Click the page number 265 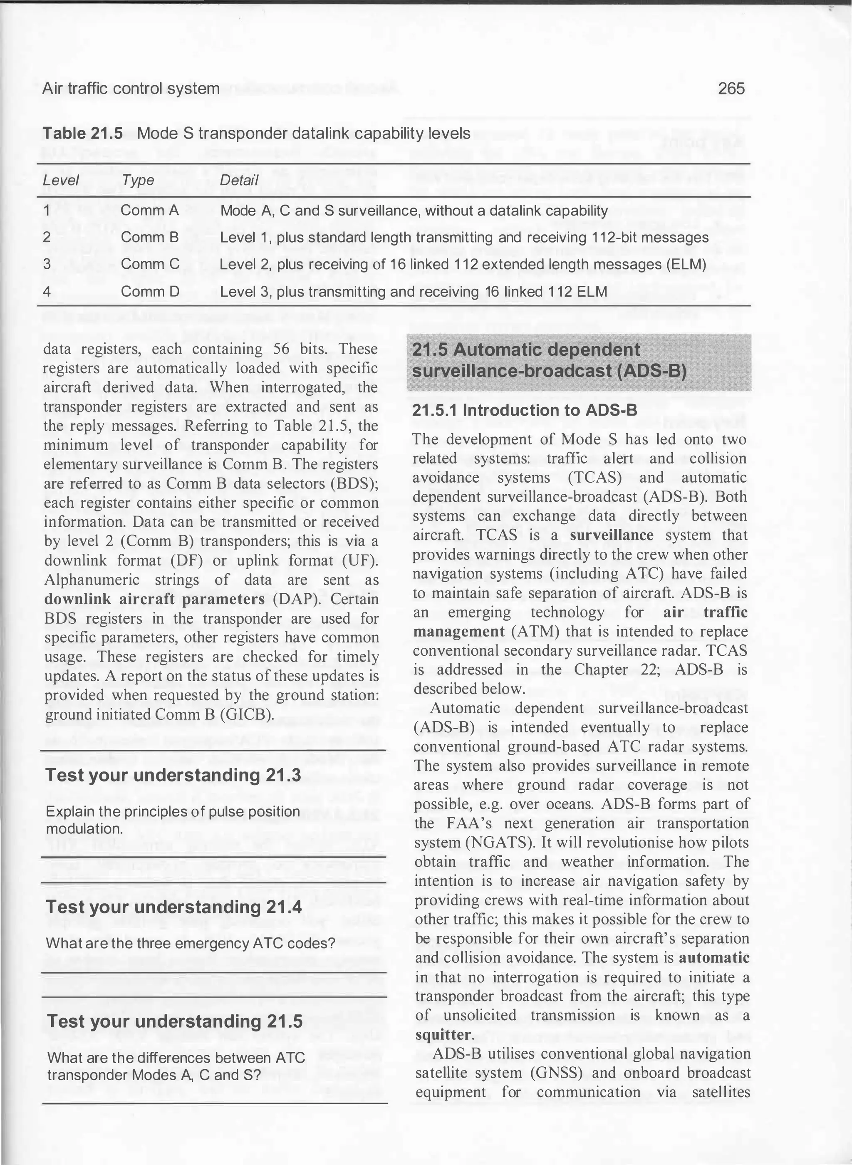point(731,89)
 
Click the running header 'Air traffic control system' point(131,89)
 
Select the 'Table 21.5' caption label point(82,134)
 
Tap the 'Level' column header point(60,180)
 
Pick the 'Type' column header point(138,180)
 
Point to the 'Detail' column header point(239,180)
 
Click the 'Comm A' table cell point(150,211)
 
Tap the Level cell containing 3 point(47,264)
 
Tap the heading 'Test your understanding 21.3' point(173,775)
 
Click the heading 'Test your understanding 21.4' point(174,907)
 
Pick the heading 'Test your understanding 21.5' point(175,1021)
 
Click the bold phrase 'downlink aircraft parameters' point(154,599)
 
